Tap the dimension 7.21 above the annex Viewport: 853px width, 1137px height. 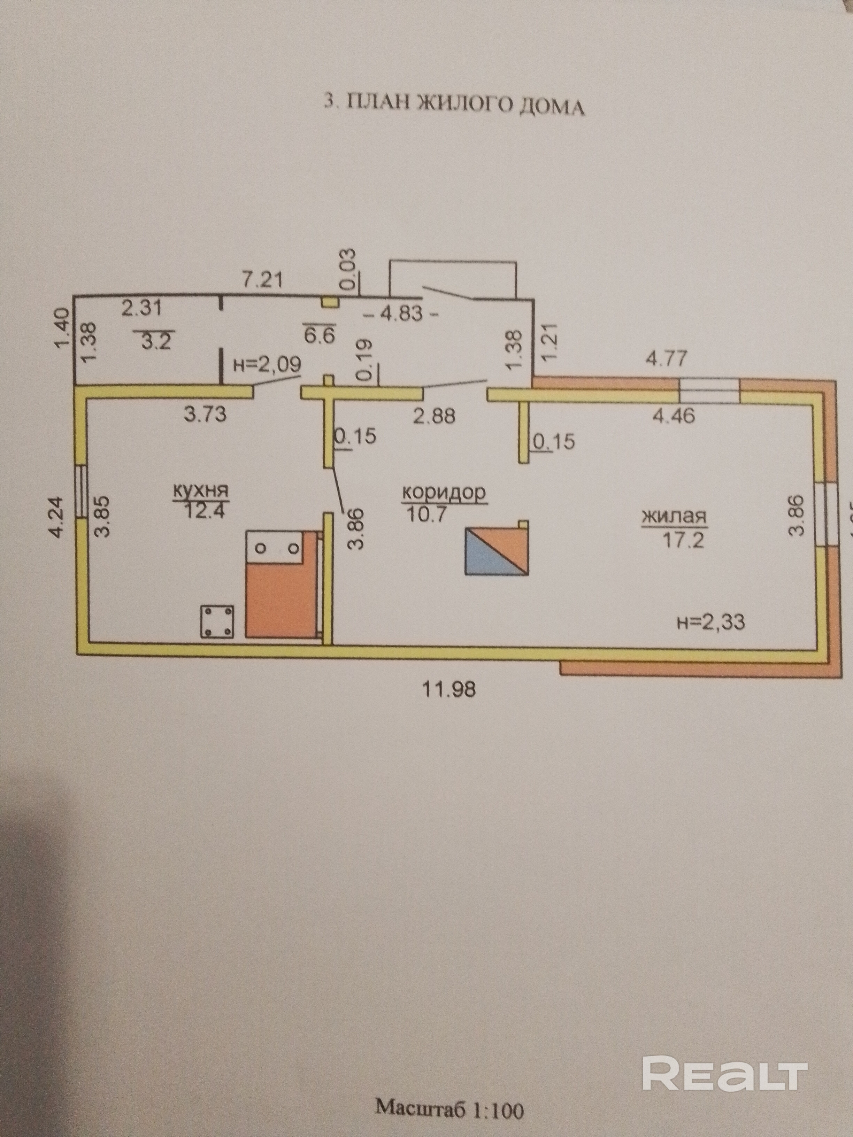coord(263,280)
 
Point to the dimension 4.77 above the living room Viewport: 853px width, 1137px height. coord(666,358)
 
